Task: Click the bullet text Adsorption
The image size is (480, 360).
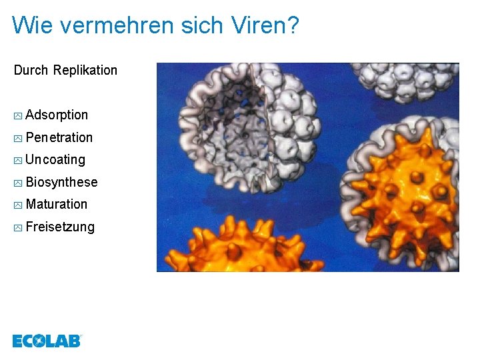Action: click(57, 115)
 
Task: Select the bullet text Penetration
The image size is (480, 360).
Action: click(59, 137)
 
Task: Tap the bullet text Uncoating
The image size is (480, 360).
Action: click(55, 160)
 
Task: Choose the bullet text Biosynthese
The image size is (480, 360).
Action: click(61, 182)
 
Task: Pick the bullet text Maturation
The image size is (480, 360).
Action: click(57, 204)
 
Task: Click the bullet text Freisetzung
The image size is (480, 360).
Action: click(60, 227)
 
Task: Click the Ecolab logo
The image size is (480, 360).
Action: click(47, 341)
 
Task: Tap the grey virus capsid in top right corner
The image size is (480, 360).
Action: click(407, 80)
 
